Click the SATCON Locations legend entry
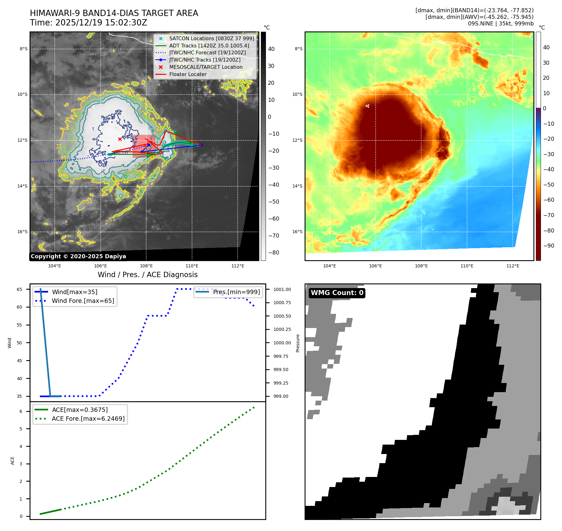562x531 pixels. coord(211,38)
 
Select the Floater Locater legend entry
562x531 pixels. coord(188,74)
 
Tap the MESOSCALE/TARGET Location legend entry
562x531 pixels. coord(206,67)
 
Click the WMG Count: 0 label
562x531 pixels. coord(337,293)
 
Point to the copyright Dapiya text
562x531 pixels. coord(78,256)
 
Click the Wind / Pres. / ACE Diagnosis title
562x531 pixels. coord(147,275)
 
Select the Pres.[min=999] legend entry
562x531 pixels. coord(236,292)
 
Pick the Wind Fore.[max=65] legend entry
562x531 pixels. coord(83,301)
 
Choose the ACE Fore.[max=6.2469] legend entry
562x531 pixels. coord(88,419)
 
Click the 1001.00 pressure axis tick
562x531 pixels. coord(282,289)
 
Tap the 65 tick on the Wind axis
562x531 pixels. coord(19,289)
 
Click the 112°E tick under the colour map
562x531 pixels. coord(513,266)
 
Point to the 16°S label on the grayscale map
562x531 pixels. coord(22,232)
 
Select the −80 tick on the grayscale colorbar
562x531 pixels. coord(273,253)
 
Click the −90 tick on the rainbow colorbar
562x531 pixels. coord(548,246)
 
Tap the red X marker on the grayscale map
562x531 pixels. coord(120,139)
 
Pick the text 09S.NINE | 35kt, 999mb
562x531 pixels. coord(500,24)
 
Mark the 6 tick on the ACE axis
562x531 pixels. coord(21,411)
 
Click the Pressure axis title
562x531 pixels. coord(298,343)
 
